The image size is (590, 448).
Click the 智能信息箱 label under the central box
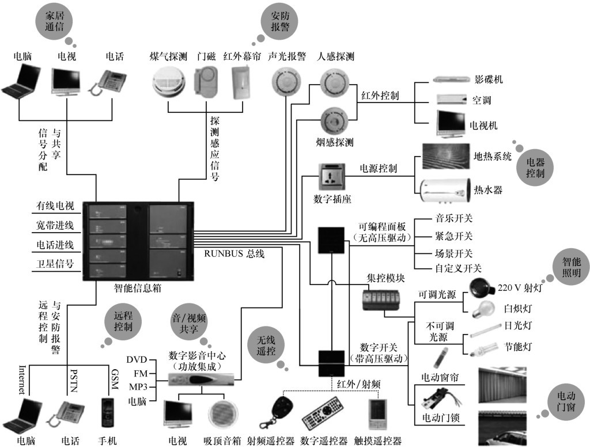pos(137,288)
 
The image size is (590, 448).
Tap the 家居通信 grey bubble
pos(55,21)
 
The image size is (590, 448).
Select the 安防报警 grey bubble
pos(280,21)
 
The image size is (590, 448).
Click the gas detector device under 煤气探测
pos(169,82)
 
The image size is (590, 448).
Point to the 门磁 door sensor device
pos(206,82)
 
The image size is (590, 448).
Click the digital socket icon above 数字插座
pos(331,177)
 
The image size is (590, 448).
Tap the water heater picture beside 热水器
pos(445,191)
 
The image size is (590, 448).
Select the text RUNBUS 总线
pos(234,253)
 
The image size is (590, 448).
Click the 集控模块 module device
pos(381,300)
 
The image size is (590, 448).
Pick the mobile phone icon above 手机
pos(108,413)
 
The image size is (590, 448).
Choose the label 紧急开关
pos(453,236)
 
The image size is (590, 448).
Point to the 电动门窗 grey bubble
pos(566,401)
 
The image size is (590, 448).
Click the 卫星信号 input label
pos(55,263)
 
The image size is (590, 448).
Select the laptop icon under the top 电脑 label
pos(21,81)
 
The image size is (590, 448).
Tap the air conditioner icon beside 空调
pos(452,99)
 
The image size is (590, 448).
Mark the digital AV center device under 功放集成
pos(201,379)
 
